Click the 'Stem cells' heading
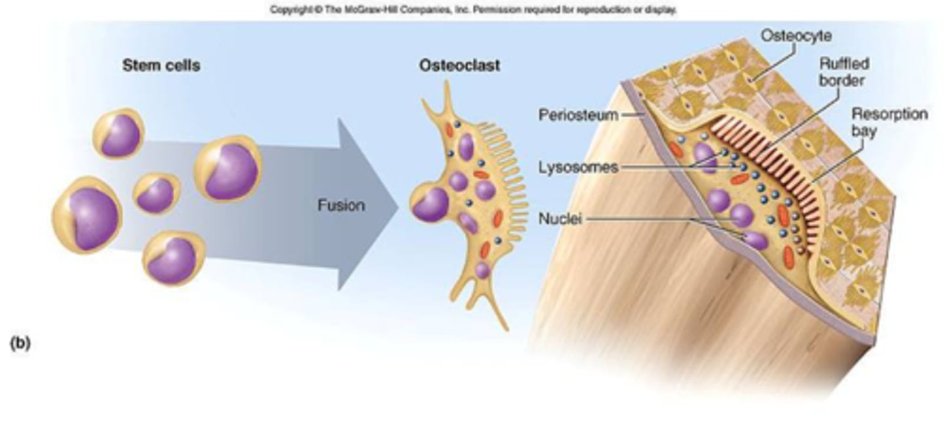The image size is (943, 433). tap(161, 66)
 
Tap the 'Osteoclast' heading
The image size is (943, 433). tap(460, 66)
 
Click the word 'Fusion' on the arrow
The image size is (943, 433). tap(341, 205)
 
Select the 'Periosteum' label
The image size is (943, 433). tap(578, 115)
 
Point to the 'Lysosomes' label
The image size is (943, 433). tap(578, 167)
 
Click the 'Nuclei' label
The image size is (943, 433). tap(560, 219)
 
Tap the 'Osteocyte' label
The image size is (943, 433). tap(795, 36)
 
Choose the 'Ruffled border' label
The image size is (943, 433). tap(844, 73)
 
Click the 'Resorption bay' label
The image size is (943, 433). tap(889, 122)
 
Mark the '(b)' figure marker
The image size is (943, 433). tap(20, 343)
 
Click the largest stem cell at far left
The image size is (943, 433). tap(86, 215)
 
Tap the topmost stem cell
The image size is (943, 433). tap(119, 134)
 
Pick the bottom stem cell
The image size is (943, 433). tap(174, 258)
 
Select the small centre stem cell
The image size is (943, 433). tap(157, 194)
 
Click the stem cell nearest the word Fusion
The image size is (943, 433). tap(229, 168)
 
